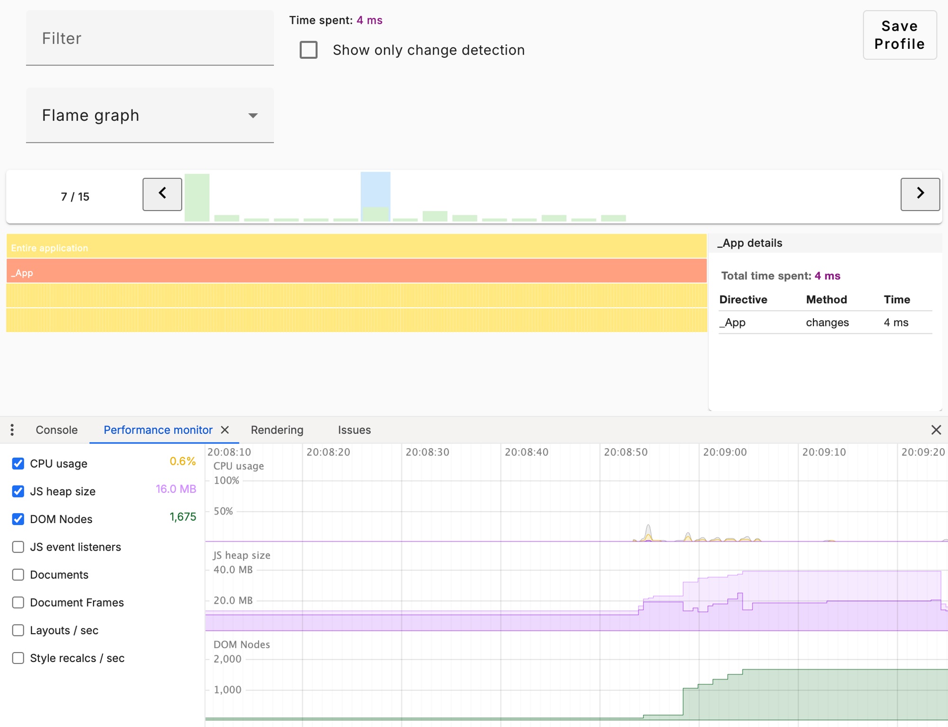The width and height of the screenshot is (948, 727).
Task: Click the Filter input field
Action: [149, 38]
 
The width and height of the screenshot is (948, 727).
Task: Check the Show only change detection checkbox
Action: [309, 50]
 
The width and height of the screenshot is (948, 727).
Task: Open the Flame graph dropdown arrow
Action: [253, 116]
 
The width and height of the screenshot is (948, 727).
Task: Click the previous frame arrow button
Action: [162, 194]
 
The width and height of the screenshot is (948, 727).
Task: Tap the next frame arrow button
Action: [920, 194]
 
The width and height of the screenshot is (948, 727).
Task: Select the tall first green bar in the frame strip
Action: [197, 198]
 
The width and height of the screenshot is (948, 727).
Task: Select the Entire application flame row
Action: [355, 247]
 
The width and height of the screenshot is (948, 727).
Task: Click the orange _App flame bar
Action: [355, 271]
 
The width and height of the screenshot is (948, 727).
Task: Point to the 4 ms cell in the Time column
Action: [896, 322]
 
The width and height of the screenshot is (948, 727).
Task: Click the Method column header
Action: [826, 300]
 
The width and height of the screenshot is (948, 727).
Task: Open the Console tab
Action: [56, 430]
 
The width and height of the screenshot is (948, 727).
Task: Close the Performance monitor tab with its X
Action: [225, 430]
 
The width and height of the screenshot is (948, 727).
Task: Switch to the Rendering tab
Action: [277, 430]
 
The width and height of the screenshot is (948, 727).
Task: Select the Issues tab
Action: [354, 430]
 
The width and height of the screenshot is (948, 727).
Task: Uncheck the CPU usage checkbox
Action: [18, 463]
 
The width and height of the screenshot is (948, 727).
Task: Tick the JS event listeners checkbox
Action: [18, 547]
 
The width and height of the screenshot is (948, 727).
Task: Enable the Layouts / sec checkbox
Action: [18, 630]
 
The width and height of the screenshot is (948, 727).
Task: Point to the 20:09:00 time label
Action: [725, 452]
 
